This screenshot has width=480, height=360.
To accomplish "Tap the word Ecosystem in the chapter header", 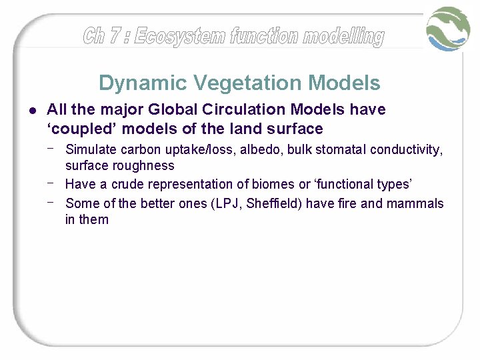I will coord(181,36).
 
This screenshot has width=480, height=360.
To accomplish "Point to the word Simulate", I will coord(91,149).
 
